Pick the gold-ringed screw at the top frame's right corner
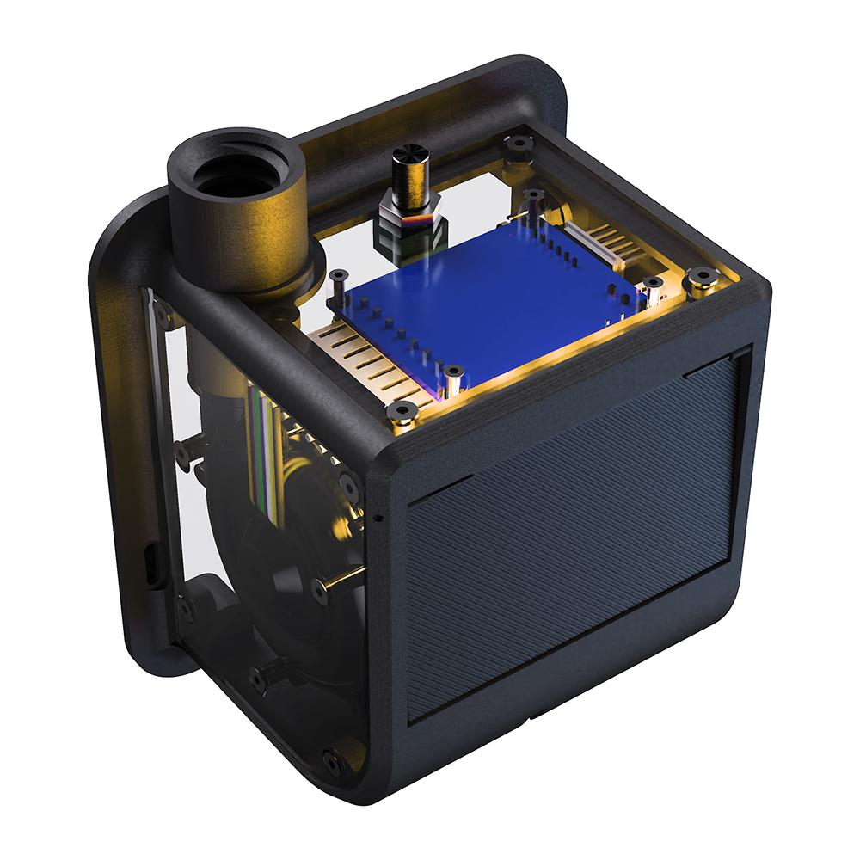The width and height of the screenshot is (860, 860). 704,277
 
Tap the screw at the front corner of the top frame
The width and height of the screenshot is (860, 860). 401,414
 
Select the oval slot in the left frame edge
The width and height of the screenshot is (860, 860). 151,563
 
